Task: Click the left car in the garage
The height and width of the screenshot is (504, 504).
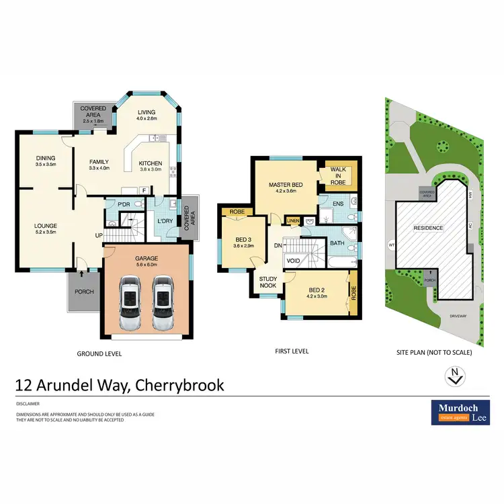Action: click(x=130, y=304)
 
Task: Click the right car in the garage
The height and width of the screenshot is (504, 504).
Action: click(x=163, y=304)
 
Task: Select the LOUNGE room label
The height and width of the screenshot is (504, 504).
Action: click(x=46, y=226)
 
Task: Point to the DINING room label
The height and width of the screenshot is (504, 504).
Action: click(x=45, y=159)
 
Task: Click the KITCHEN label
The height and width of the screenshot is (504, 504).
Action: click(x=150, y=163)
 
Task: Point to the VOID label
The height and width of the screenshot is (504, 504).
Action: click(x=293, y=260)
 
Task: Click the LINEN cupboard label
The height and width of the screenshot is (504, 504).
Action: click(x=293, y=220)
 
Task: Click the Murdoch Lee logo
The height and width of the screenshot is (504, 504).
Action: click(x=459, y=413)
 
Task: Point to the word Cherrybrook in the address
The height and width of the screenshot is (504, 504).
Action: click(x=179, y=385)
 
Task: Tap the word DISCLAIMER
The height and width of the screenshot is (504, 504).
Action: click(x=28, y=404)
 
